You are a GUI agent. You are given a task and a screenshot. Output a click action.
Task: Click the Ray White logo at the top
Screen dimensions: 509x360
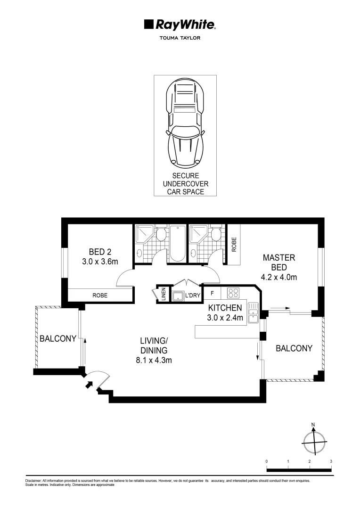click(x=180, y=25)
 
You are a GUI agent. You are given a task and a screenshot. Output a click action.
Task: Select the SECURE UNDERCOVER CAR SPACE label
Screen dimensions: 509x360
click(x=185, y=183)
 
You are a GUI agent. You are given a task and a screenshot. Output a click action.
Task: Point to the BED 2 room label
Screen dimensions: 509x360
click(x=100, y=252)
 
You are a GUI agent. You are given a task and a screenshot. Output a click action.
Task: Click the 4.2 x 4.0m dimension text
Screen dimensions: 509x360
click(x=279, y=277)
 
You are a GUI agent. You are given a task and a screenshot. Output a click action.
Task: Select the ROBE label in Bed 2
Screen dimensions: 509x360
click(x=99, y=296)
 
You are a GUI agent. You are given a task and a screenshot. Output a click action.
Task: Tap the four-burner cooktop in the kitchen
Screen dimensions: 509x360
click(x=233, y=293)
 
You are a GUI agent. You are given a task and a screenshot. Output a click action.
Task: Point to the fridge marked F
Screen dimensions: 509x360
click(x=213, y=293)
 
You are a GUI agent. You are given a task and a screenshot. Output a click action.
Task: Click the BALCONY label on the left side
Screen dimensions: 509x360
click(x=57, y=338)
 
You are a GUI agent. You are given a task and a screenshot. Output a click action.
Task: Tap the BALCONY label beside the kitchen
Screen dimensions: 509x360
click(x=294, y=348)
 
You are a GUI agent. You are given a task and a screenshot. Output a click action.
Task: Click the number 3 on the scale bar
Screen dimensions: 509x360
click(x=331, y=461)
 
